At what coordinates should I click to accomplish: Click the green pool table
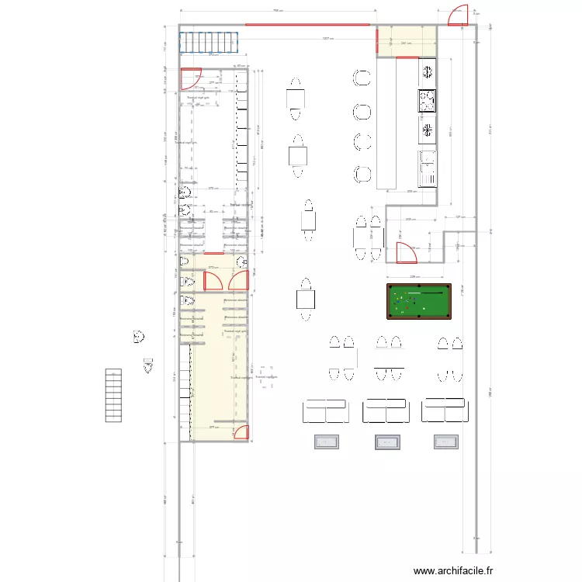click(x=418, y=302)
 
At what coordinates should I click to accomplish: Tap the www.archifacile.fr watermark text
click(x=453, y=571)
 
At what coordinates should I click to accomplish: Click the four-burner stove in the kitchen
click(x=427, y=101)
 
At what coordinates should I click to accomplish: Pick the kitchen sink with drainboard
click(x=427, y=168)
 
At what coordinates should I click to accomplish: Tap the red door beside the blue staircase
click(x=189, y=78)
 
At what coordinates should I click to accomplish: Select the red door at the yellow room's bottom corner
click(x=241, y=433)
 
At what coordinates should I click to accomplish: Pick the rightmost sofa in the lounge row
click(x=445, y=411)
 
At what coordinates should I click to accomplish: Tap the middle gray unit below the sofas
click(x=386, y=442)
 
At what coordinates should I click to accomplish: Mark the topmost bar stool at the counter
click(x=362, y=78)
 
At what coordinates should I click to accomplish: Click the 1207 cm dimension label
click(x=328, y=39)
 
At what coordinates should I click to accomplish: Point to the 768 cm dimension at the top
click(x=277, y=11)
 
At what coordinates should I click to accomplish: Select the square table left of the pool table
click(x=305, y=298)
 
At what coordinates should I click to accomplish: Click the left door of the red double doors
click(x=212, y=280)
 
